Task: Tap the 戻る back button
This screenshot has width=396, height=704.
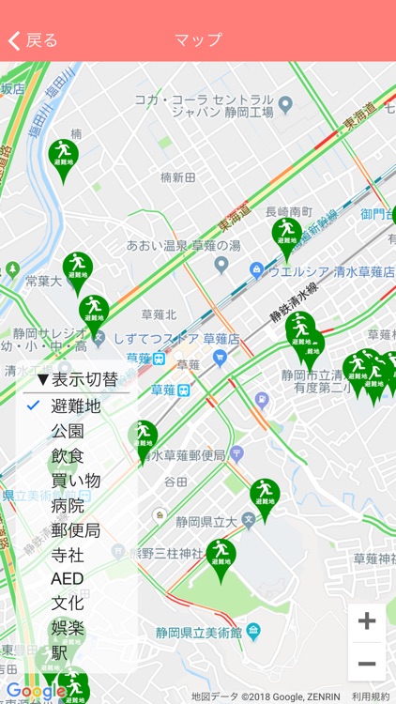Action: point(34,40)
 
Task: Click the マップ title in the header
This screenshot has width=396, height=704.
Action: point(198,40)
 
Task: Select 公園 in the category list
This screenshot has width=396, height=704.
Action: point(68,431)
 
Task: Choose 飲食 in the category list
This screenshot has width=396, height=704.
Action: point(68,456)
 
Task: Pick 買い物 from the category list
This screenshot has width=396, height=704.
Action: point(75,481)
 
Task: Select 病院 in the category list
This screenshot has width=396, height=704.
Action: point(68,505)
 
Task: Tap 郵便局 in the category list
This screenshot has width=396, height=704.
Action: point(75,530)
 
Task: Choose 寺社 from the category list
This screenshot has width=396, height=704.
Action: point(68,555)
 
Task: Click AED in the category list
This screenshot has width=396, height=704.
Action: point(68,579)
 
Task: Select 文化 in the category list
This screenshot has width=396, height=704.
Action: point(68,604)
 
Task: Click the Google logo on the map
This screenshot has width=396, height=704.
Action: point(36,692)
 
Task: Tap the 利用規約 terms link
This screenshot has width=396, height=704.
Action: point(370,696)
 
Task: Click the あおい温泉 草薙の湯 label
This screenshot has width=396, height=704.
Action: point(183,246)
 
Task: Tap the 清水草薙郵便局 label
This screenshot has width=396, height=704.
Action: point(185,456)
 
